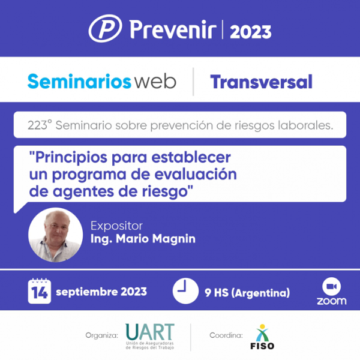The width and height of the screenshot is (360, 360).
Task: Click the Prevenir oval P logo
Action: pyautogui.click(x=105, y=28)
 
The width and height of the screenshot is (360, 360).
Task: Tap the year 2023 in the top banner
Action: pyautogui.click(x=251, y=32)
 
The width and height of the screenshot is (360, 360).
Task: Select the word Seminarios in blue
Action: pyautogui.click(x=79, y=82)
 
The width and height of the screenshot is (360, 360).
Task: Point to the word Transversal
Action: pyautogui.click(x=261, y=82)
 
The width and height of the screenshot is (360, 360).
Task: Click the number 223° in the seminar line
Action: pyautogui.click(x=40, y=125)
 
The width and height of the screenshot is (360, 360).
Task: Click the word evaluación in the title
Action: pyautogui.click(x=196, y=175)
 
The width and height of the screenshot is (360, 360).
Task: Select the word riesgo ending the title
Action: pyautogui.click(x=166, y=192)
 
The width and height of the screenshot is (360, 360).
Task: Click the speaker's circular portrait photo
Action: pyautogui.click(x=55, y=235)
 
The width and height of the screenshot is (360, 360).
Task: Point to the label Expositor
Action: pyautogui.click(x=116, y=226)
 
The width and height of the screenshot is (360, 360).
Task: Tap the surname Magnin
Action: pyautogui.click(x=174, y=239)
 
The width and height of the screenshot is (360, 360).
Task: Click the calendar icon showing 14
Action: pyautogui.click(x=40, y=291)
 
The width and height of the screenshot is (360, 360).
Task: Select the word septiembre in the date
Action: pyautogui.click(x=87, y=292)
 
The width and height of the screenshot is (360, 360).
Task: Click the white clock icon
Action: pyautogui.click(x=185, y=291)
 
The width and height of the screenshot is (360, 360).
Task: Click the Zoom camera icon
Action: pyautogui.click(x=332, y=287)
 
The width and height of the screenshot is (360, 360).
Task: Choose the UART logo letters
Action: pyautogui.click(x=150, y=332)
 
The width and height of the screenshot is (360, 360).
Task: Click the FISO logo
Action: pyautogui.click(x=262, y=337)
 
